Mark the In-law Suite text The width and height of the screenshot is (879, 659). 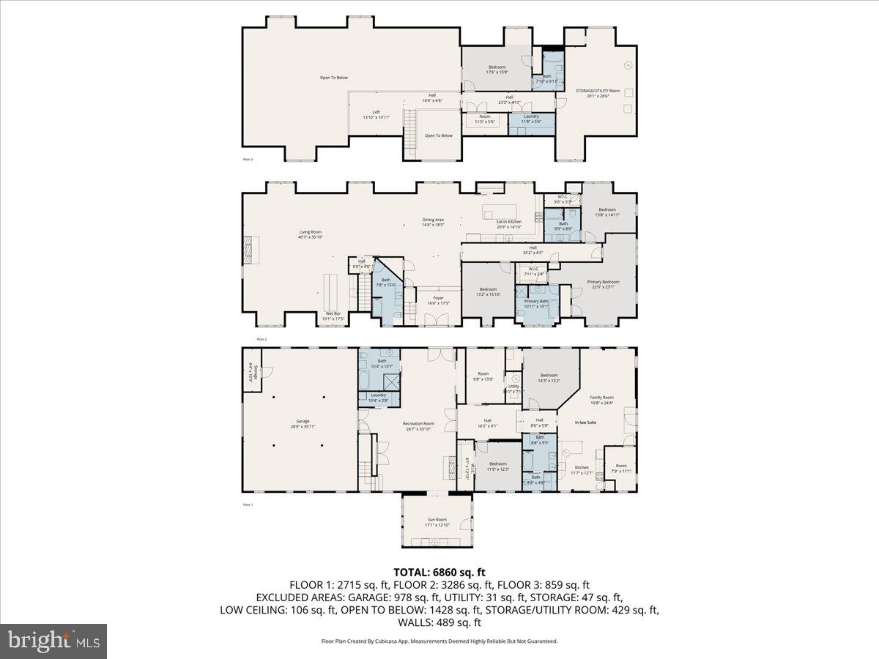click(585, 422)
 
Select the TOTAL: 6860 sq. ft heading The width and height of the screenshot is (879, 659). click(439, 572)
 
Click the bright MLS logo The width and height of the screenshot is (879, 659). click(53, 641)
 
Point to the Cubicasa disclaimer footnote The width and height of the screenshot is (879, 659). click(439, 641)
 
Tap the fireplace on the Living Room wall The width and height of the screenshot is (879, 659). click(249, 250)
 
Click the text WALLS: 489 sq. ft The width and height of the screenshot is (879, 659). click(439, 622)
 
